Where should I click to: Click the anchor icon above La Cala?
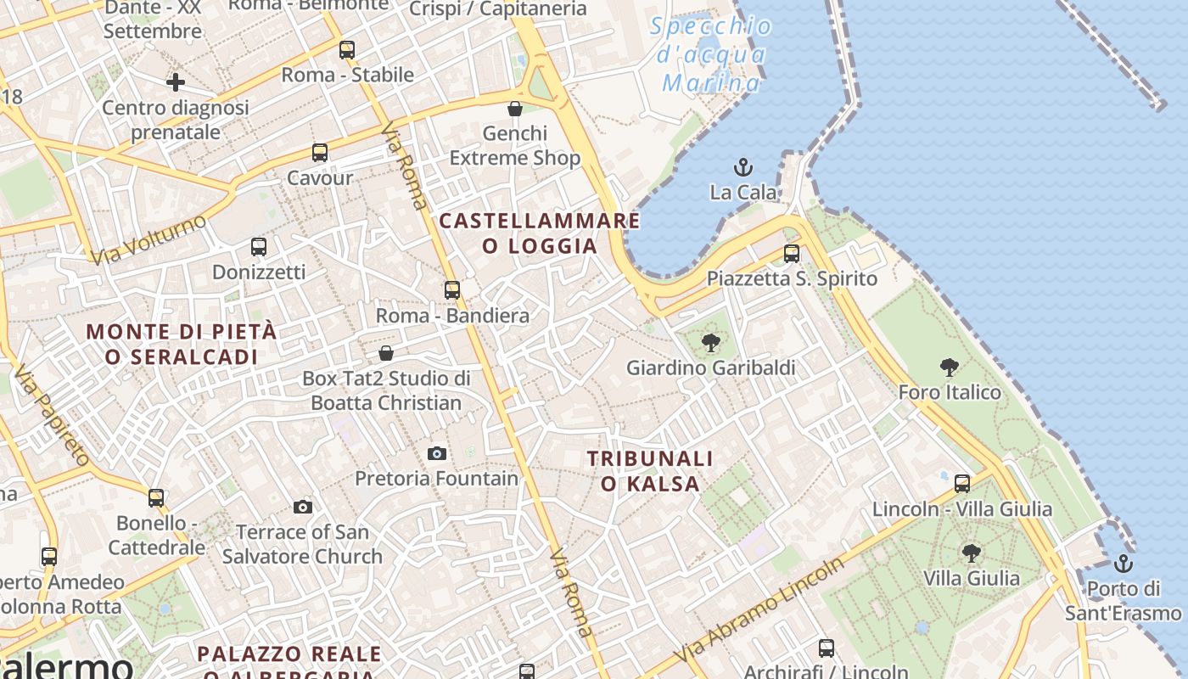[x=743, y=166]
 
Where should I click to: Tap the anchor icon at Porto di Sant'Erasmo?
[x=1123, y=563]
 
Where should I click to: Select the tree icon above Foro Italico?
[x=950, y=367]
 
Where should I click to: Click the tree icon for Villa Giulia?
[x=972, y=553]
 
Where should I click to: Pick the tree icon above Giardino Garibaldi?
[x=711, y=343]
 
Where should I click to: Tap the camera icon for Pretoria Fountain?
[x=437, y=453]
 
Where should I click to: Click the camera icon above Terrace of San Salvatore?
[x=303, y=507]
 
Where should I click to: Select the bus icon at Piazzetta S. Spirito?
[x=792, y=253]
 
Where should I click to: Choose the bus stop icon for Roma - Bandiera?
[x=452, y=290]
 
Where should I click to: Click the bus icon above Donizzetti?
[x=259, y=247]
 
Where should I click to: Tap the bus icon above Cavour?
[x=320, y=153]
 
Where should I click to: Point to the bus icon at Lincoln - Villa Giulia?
[x=961, y=484]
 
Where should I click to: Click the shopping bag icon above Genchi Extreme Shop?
[x=514, y=109]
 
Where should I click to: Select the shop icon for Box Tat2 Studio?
[x=386, y=352]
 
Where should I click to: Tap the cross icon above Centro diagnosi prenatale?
[x=176, y=82]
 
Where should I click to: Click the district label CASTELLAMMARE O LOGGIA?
[x=540, y=233]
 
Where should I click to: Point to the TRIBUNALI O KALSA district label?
[x=651, y=471]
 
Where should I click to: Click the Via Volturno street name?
[x=148, y=238]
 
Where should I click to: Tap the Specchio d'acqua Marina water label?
[x=713, y=54]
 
